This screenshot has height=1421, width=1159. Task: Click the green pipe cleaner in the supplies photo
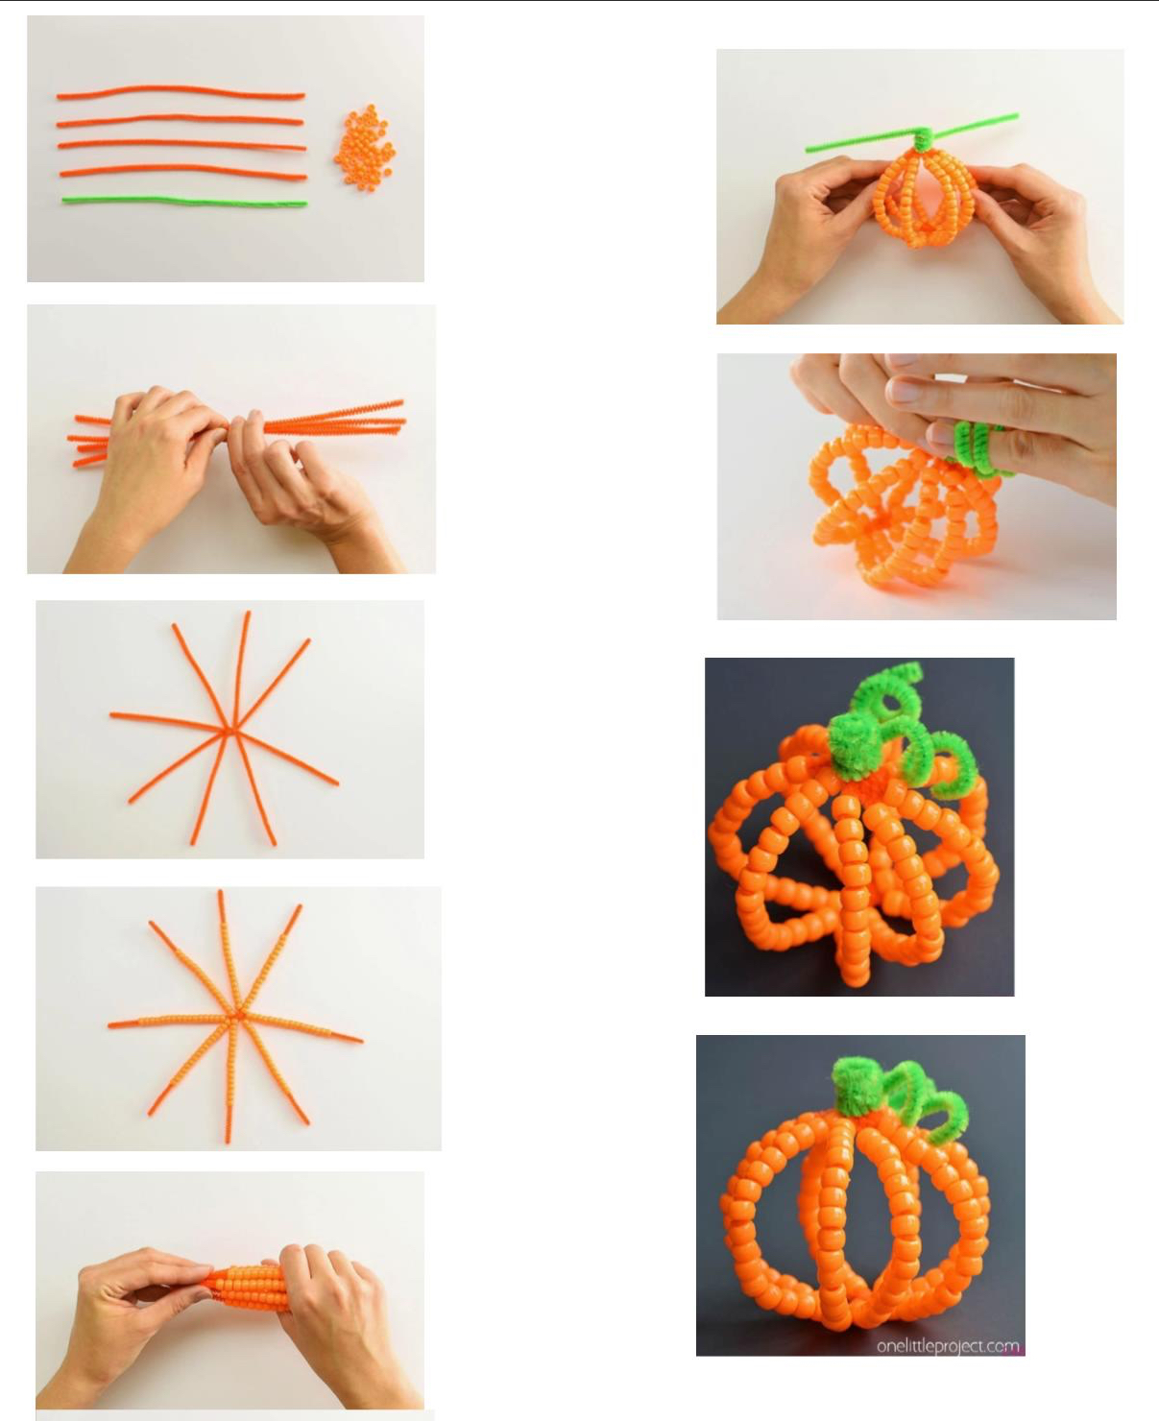pos(184,201)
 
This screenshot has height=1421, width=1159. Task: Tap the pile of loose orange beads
pos(365,148)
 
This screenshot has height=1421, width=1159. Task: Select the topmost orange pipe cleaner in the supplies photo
pos(181,91)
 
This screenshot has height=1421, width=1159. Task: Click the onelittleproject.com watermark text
pos(948,1346)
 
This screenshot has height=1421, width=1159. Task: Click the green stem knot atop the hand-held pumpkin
pos(922,138)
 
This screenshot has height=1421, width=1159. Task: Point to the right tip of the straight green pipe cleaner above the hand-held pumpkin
pos(1018,116)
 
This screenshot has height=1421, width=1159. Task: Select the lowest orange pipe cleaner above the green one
pos(183,171)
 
